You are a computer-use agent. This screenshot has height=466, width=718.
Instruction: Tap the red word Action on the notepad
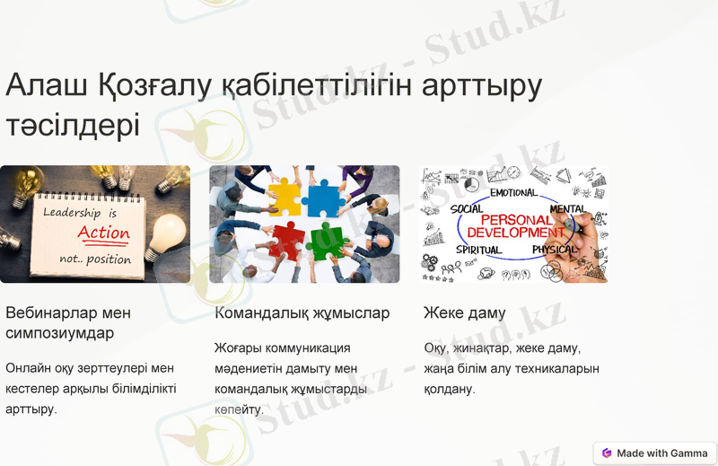[103, 233]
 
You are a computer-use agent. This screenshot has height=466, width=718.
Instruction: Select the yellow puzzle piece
[285, 197]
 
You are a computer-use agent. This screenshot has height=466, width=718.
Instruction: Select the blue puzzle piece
[320, 198]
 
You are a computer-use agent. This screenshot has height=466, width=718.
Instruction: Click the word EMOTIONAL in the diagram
[513, 192]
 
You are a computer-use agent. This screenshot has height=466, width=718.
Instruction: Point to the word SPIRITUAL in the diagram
[479, 250]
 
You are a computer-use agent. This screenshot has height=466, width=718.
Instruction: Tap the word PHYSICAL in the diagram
[555, 250]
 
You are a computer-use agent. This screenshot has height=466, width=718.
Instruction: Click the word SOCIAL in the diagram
[467, 209]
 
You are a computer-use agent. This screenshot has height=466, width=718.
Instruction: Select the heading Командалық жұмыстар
[302, 313]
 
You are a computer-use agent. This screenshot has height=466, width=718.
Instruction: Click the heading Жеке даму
[464, 313]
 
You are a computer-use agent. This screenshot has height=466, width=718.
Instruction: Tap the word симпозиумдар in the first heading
[60, 333]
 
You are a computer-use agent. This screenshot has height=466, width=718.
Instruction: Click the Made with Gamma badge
[655, 453]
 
